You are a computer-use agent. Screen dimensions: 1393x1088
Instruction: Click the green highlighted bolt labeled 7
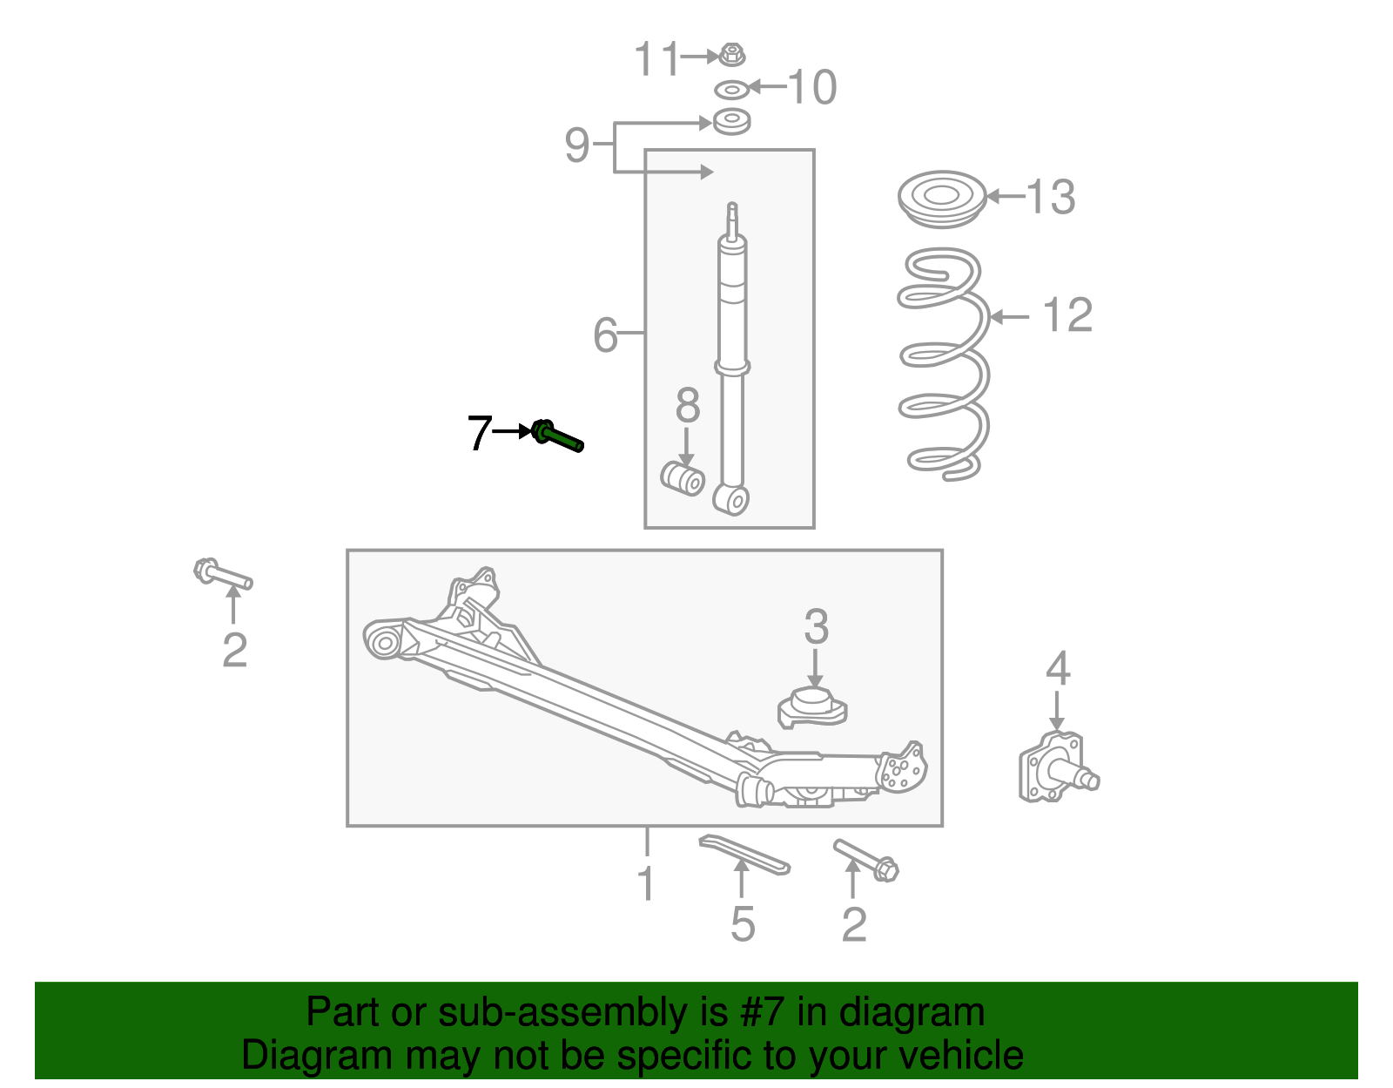click(557, 436)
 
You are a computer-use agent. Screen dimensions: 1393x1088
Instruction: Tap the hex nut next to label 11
click(731, 55)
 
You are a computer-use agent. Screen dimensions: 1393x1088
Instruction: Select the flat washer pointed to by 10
click(732, 90)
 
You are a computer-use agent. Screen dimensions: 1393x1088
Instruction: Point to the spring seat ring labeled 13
click(942, 199)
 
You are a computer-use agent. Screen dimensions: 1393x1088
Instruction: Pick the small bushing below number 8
click(683, 477)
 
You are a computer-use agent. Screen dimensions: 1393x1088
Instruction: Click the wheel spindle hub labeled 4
click(1058, 768)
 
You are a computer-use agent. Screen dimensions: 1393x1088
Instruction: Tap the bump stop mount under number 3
click(812, 707)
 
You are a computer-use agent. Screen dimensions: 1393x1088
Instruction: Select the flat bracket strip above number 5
click(745, 855)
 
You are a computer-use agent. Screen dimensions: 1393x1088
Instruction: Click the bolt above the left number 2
click(223, 573)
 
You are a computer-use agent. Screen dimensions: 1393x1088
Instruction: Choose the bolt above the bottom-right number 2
click(866, 860)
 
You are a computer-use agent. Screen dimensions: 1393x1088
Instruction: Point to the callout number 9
click(576, 145)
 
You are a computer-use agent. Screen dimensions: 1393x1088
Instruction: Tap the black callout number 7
click(480, 433)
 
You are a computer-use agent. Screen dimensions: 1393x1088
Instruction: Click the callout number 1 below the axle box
click(647, 884)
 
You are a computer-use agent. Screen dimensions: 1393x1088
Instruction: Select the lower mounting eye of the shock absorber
click(731, 499)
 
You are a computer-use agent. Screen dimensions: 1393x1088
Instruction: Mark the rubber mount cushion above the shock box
click(731, 122)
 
